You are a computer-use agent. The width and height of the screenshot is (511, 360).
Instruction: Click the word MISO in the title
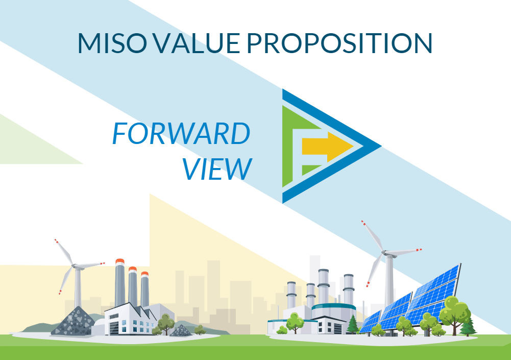coord(112,43)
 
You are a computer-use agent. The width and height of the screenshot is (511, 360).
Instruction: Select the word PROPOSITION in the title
coord(339,43)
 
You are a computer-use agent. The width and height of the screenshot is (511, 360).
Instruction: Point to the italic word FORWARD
coord(181,133)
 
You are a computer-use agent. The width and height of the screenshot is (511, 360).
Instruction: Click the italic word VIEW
coord(217,169)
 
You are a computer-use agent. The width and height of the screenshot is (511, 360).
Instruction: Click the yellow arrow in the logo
coord(328,147)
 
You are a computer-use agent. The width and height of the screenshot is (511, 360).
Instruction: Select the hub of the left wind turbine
coord(75,266)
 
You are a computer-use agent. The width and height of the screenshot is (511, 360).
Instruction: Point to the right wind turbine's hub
coord(385,252)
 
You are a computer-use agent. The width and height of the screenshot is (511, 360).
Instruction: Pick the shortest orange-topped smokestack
coord(145,289)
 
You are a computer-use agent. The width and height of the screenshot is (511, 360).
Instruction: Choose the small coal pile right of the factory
coord(181,331)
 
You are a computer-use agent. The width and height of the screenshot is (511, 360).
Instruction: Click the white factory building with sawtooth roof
coord(130,319)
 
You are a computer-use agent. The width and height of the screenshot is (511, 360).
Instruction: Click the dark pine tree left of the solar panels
coord(353,324)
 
